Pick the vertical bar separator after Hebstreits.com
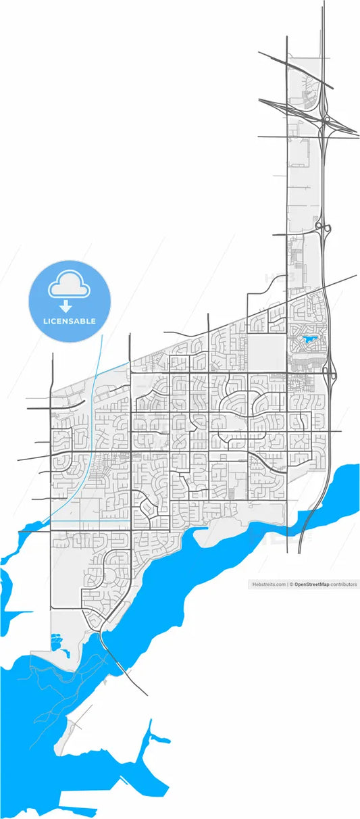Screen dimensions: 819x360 [287, 585]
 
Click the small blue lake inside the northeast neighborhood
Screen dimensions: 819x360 [310, 339]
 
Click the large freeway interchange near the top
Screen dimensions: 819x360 [327, 122]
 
